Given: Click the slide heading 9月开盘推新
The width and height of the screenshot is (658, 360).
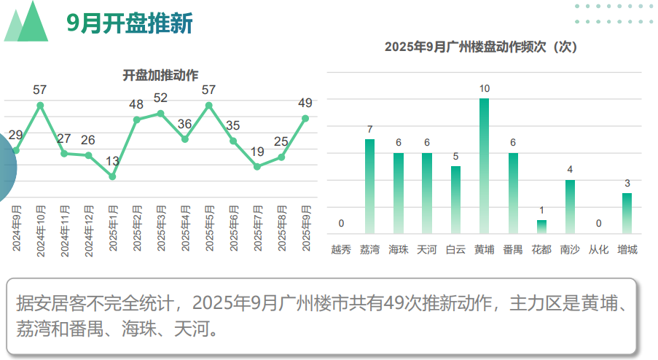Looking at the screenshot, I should (130, 24).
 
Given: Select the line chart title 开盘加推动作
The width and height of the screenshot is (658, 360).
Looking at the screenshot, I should (160, 75).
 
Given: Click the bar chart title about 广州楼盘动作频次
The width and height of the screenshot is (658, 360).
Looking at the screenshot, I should (480, 47).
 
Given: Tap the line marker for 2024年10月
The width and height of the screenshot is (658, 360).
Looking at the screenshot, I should (40, 106).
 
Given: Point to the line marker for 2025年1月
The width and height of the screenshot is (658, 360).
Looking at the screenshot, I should (112, 176).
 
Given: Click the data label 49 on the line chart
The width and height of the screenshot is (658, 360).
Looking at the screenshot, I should (305, 103).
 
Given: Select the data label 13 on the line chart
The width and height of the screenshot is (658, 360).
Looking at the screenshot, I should (112, 161).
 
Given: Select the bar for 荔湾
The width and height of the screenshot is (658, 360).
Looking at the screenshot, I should (369, 186).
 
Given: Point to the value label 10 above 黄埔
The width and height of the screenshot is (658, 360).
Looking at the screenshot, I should (484, 89).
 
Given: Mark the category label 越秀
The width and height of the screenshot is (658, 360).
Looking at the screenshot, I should (341, 250).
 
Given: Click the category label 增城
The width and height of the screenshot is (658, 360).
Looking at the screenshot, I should (627, 250).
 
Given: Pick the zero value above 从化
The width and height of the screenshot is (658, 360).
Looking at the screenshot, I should (599, 224).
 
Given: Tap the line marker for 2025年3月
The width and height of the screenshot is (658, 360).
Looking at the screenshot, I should (161, 114).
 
